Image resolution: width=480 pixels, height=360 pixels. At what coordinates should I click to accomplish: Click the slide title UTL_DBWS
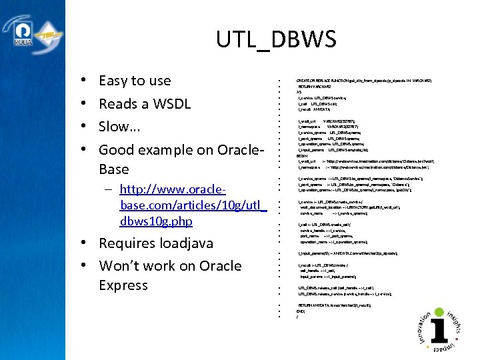pos(276,39)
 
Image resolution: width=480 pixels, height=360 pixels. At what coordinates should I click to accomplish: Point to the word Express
pos(123,285)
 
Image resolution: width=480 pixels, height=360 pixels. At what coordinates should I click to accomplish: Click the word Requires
pos(127,243)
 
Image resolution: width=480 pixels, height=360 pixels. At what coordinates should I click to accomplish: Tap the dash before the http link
pos(107,191)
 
